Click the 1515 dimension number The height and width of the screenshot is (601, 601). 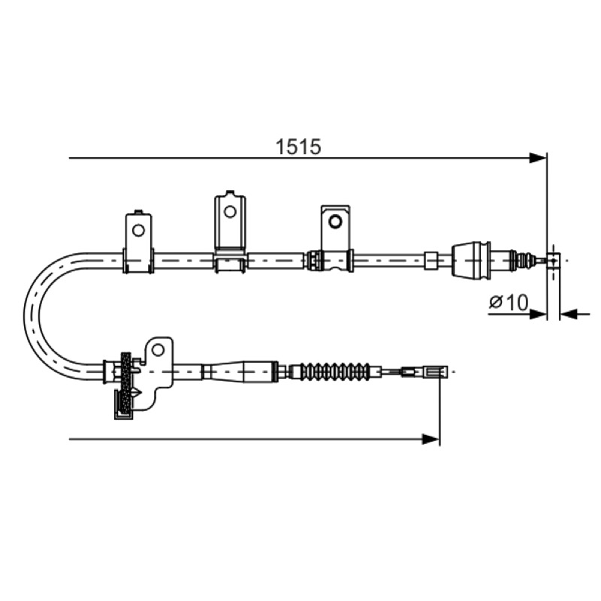[x=298, y=146]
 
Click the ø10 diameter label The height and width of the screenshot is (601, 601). [x=509, y=302]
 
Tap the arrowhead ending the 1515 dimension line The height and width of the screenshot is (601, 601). [x=537, y=158]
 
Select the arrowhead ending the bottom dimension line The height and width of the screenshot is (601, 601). [x=430, y=439]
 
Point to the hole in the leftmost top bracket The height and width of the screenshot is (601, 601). [x=138, y=231]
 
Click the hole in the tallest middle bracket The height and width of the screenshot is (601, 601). [x=230, y=212]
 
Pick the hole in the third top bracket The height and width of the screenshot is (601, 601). [x=335, y=222]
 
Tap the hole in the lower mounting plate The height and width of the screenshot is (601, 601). [x=158, y=349]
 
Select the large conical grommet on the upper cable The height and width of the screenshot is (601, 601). [x=472, y=259]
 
